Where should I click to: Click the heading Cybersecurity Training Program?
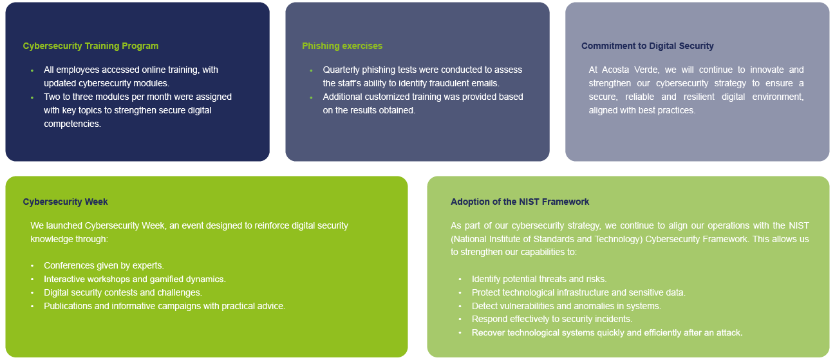90,46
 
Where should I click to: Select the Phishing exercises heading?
342,46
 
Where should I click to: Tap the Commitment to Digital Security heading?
647,46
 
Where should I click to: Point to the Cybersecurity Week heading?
65,202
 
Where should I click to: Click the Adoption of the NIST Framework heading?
520,202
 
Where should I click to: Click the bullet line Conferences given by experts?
104,266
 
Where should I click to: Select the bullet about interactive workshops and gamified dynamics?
135,279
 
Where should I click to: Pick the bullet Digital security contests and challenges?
122,293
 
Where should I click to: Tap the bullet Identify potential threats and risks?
539,279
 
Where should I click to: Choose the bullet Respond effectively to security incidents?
552,319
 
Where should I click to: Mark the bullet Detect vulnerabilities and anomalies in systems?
566,307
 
